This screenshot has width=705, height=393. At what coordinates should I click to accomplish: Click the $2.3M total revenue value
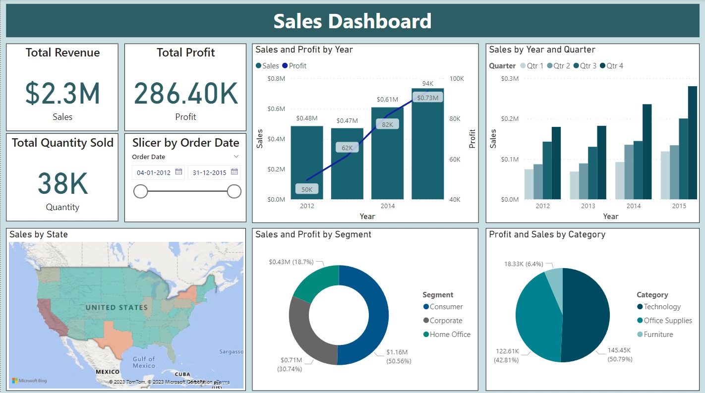point(62,93)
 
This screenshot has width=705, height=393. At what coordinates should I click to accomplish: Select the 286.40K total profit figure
point(186,93)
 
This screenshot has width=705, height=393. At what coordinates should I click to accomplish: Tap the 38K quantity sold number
point(62,183)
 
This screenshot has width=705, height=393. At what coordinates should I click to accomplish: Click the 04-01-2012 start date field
point(154,172)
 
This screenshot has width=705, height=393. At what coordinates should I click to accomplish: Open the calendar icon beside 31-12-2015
point(235,171)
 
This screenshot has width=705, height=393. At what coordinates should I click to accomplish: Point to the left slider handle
point(140,191)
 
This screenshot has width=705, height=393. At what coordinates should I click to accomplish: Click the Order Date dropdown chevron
point(236,157)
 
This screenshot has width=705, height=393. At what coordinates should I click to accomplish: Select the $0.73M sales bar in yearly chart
point(428,144)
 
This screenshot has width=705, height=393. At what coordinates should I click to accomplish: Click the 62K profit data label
point(347,148)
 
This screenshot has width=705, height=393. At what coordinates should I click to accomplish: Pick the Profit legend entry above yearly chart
point(294,66)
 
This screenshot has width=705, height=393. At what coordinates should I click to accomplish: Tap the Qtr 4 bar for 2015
point(693,143)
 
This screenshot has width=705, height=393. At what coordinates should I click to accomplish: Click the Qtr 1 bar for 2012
point(529,184)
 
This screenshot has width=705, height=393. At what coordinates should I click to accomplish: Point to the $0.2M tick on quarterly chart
point(510,118)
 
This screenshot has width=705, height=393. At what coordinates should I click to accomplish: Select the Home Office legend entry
point(447,334)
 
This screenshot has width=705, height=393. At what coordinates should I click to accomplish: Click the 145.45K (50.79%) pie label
point(620,355)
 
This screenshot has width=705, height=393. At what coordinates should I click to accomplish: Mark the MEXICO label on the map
point(108,372)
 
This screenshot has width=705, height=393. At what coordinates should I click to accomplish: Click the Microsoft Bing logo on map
point(29,381)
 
